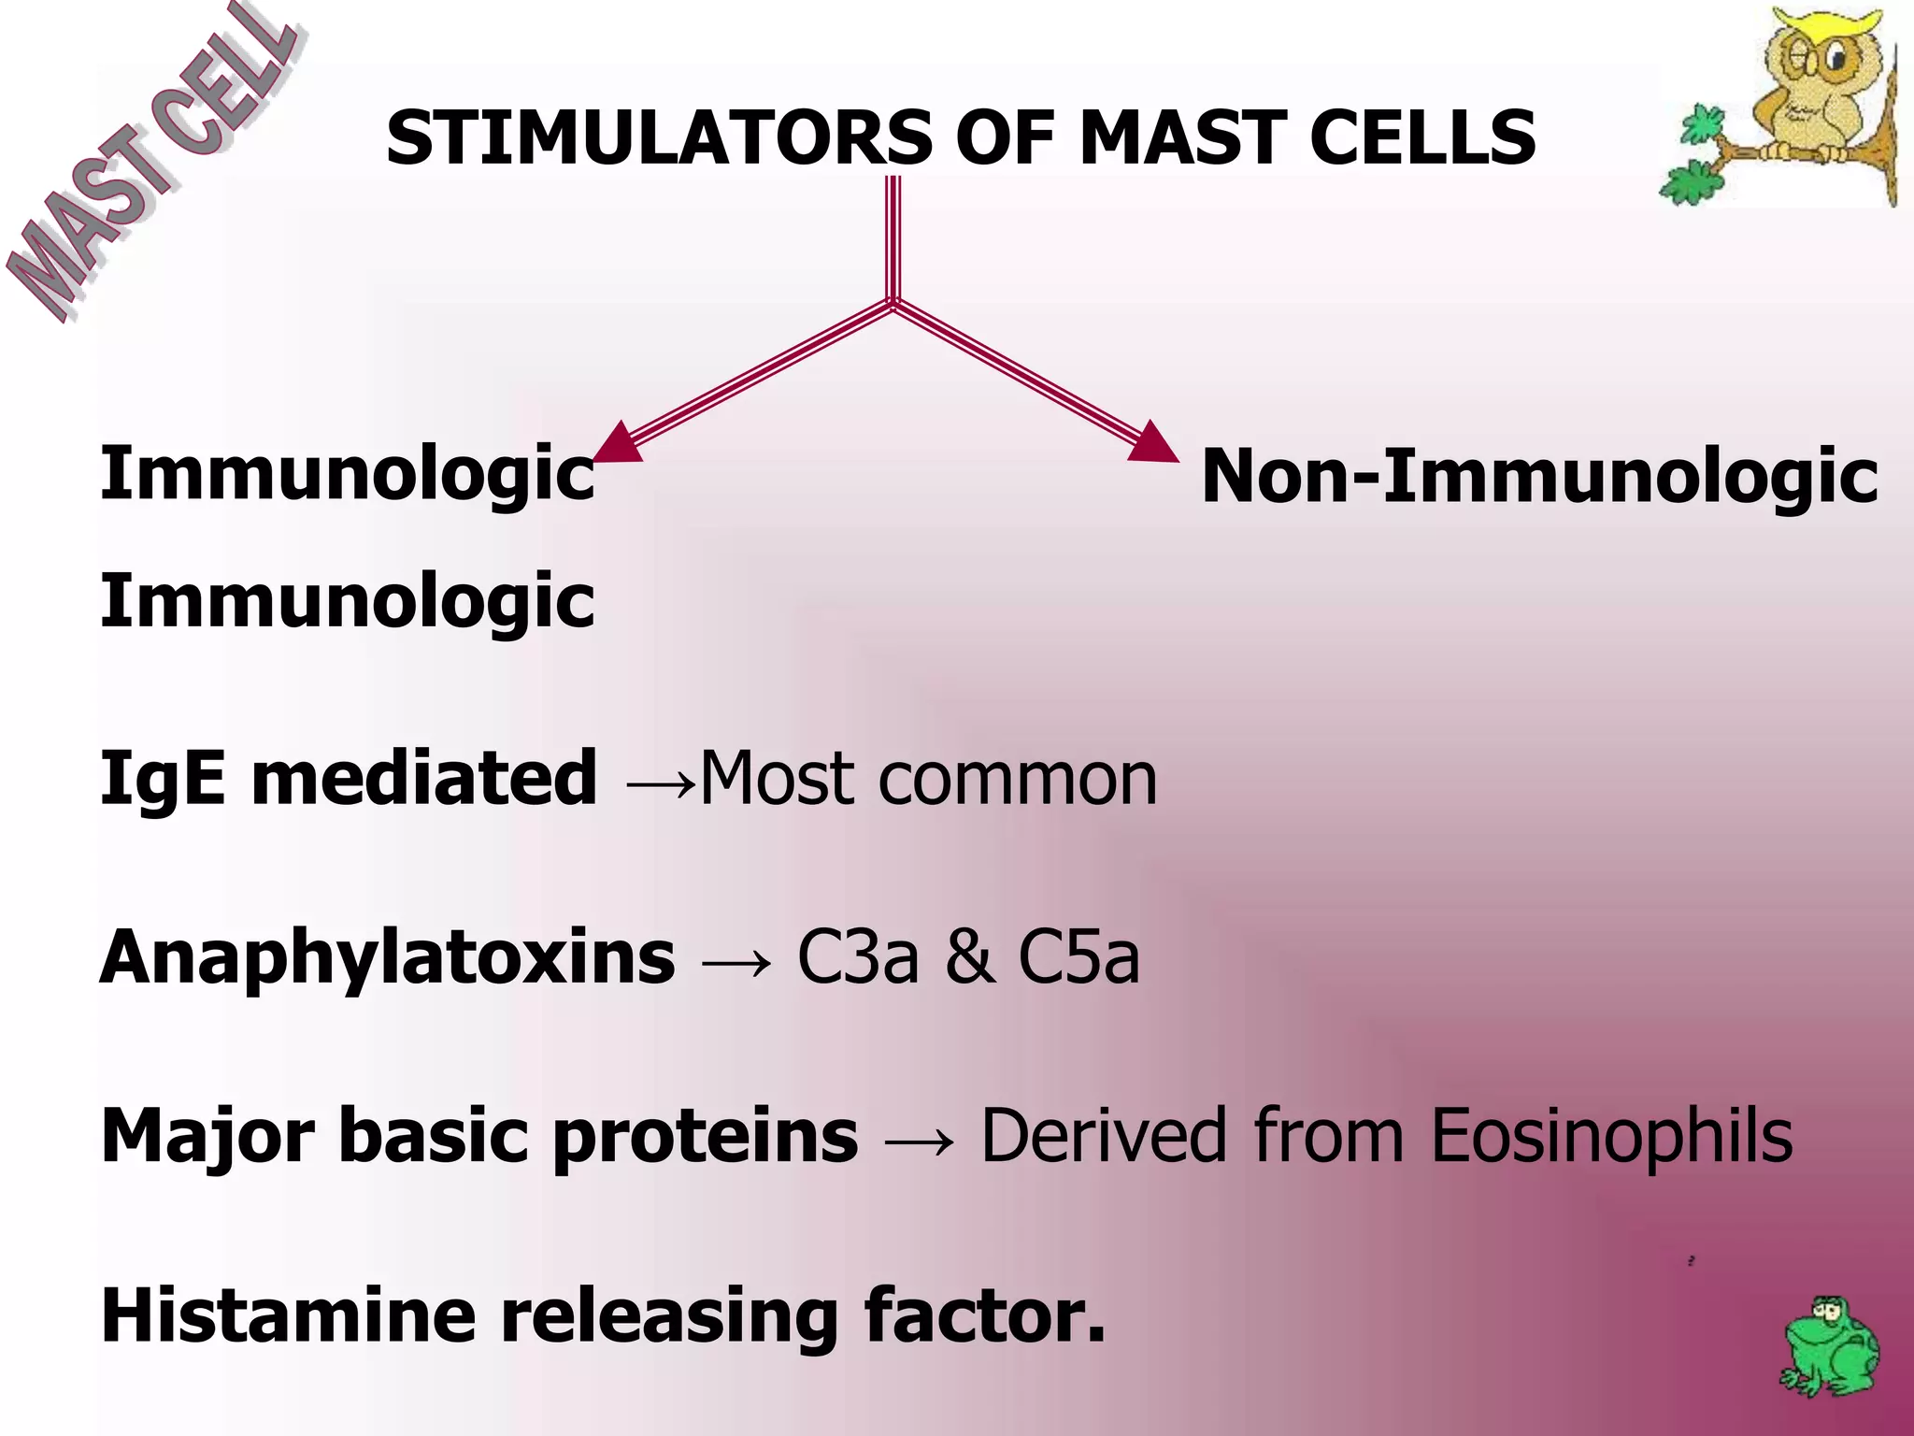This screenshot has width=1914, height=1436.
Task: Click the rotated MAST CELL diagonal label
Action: click(150, 164)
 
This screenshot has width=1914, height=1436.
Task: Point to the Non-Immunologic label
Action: click(1538, 477)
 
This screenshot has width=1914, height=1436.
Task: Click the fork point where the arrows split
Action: click(893, 302)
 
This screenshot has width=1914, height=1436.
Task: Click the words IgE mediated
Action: click(348, 778)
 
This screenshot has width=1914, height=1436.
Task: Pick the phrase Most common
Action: click(928, 778)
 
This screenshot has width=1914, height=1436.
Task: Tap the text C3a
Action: click(857, 957)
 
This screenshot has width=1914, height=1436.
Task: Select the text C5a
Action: click(1078, 957)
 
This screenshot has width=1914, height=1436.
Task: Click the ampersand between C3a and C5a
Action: click(969, 957)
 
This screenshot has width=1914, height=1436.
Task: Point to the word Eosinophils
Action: click(1611, 1136)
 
